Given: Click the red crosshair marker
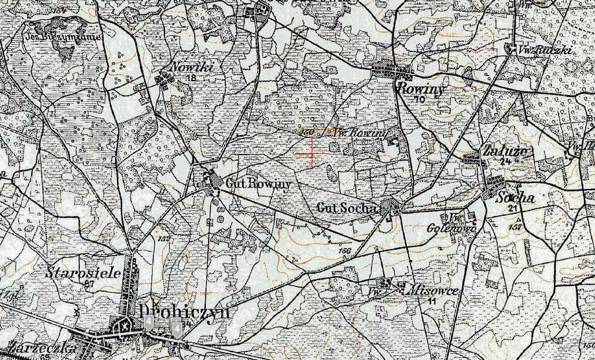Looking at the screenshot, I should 312,154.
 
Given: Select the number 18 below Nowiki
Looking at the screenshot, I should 192,78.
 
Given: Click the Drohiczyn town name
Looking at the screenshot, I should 184,310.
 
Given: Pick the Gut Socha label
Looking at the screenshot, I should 347,208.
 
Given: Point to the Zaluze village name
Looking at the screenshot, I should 505,151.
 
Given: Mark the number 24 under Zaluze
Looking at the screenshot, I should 507,161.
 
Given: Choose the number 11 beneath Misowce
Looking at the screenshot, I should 432,301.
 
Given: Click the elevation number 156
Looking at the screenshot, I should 344,250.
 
